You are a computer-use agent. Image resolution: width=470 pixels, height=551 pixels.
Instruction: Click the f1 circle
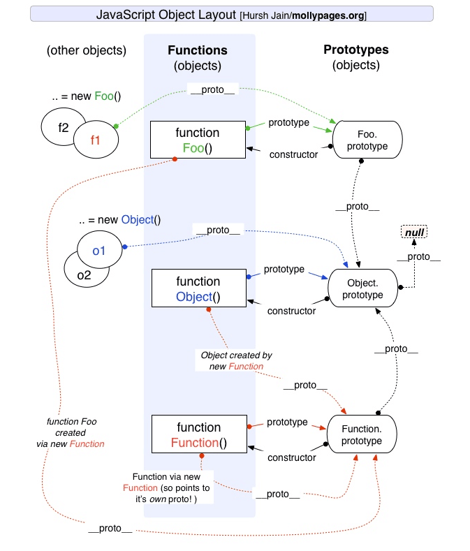click(96, 139)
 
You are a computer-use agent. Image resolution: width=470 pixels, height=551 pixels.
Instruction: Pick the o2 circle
click(82, 274)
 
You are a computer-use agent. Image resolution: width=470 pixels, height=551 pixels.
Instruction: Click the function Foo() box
click(198, 140)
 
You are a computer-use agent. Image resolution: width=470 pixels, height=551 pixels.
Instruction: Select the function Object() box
click(198, 289)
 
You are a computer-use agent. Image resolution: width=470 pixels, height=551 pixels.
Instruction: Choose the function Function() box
click(198, 434)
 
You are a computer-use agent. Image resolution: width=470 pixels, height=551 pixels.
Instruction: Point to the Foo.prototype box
click(367, 140)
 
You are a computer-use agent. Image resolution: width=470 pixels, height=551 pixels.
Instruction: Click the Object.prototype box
click(362, 288)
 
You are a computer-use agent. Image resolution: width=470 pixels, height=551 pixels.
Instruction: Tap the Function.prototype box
click(362, 434)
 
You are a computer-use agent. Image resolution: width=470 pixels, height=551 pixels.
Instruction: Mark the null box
click(414, 232)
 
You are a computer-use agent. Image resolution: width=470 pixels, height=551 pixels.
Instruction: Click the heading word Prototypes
click(356, 50)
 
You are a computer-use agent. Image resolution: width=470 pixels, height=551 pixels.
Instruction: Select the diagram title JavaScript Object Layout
click(166, 14)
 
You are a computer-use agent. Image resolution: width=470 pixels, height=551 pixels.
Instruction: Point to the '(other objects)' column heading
click(87, 50)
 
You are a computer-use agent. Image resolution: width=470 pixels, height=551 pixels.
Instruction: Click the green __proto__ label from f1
click(210, 89)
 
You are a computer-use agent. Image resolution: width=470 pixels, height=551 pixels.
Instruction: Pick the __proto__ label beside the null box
click(418, 256)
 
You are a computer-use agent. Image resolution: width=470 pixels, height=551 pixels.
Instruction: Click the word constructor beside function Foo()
click(293, 154)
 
